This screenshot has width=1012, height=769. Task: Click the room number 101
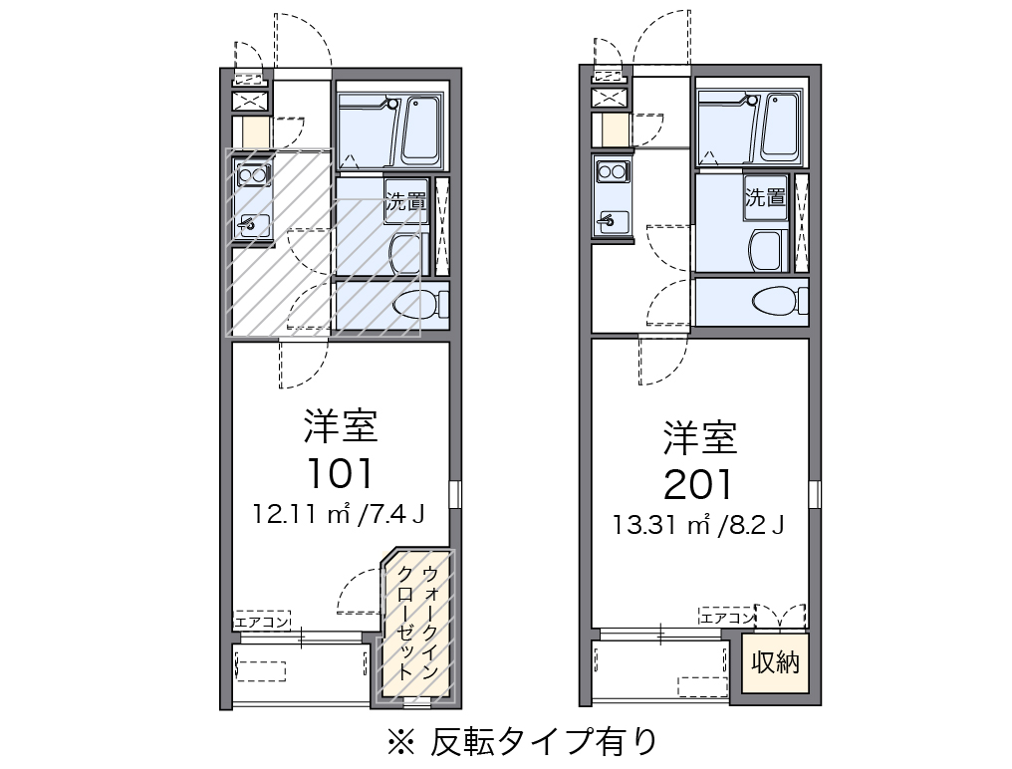click(340, 474)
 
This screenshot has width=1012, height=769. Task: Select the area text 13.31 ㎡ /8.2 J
click(698, 524)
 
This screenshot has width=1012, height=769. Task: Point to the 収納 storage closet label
click(775, 662)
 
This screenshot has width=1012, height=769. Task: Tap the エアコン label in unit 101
click(261, 623)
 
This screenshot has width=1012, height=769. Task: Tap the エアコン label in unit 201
click(725, 618)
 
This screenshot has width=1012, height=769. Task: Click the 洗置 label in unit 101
click(406, 200)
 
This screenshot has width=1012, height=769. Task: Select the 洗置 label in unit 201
click(765, 196)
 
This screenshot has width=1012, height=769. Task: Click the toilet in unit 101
click(415, 306)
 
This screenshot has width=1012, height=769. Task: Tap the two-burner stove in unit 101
click(252, 176)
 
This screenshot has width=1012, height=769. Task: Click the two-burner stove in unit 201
click(612, 171)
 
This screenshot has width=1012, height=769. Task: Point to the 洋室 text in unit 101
click(340, 427)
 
